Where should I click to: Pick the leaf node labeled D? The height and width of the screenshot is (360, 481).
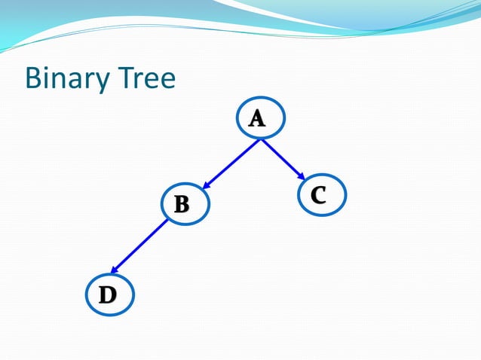pyautogui.click(x=110, y=294)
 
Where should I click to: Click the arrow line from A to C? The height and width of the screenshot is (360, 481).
pyautogui.click(x=282, y=160)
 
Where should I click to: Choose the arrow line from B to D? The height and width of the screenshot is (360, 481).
pyautogui.click(x=140, y=246)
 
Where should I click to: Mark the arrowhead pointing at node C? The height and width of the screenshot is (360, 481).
pyautogui.click(x=301, y=179)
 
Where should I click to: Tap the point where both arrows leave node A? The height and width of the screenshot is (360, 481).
pyautogui.click(x=261, y=139)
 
